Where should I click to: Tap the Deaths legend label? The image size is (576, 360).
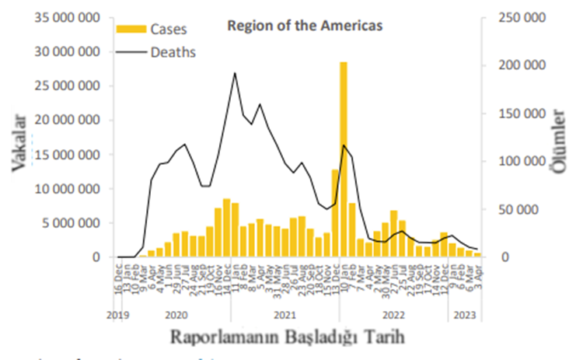pos(173,53)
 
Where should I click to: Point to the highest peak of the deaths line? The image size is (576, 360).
pos(235,73)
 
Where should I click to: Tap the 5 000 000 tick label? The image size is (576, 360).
pos(72,223)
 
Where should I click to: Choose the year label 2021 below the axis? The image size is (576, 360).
pos(285,315)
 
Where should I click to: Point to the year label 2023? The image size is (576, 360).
pos(465,315)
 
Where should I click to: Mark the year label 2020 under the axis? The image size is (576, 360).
pos(176,315)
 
